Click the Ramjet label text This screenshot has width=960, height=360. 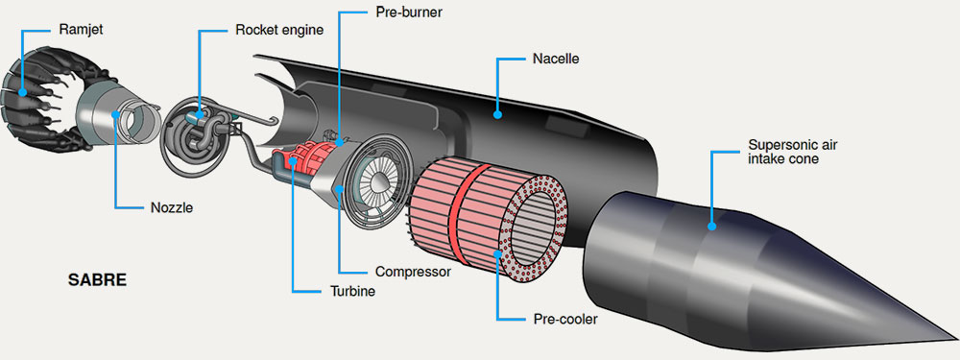(82, 29)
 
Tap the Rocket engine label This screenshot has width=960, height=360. (279, 30)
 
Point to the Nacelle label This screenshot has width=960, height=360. (556, 60)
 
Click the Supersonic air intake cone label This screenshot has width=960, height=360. (792, 153)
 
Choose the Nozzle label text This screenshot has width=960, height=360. (172, 207)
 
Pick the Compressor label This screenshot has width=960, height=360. (413, 271)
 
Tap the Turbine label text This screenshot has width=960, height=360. (348, 291)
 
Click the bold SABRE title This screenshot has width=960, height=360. (97, 281)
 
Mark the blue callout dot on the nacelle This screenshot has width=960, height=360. (497, 114)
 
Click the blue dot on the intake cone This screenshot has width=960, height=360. (711, 226)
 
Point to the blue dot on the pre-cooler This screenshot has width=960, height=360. (497, 252)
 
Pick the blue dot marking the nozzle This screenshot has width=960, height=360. (115, 114)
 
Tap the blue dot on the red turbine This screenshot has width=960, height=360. (294, 162)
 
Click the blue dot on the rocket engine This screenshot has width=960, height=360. (200, 115)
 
